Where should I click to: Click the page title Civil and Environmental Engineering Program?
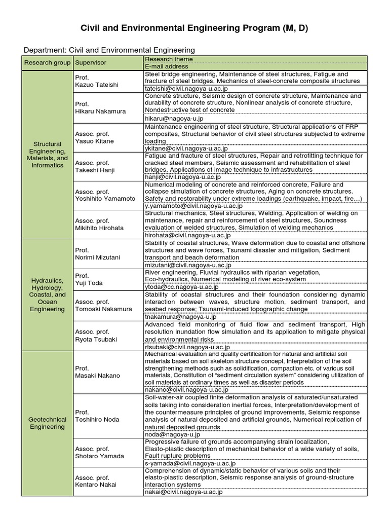pyautogui.click(x=194, y=28)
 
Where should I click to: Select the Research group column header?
pyautogui.click(x=47, y=63)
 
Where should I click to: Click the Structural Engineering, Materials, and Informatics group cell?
pyautogui.click(x=47, y=155)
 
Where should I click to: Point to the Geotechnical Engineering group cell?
pyautogui.click(x=47, y=423)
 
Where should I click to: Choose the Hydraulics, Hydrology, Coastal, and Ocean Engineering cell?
pyautogui.click(x=47, y=294)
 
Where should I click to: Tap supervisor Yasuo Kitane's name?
pyautogui.click(x=94, y=141)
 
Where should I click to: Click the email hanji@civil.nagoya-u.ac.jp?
pyautogui.click(x=183, y=177)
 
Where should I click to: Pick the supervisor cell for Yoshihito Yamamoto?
pyautogui.click(x=105, y=199)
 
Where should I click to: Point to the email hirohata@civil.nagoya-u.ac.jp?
pyautogui.click(x=187, y=235)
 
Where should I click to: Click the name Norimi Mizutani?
pyautogui.click(x=97, y=257)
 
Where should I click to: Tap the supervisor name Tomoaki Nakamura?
pyautogui.click(x=103, y=309)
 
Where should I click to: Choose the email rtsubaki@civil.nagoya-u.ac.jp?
pyautogui.click(x=187, y=347)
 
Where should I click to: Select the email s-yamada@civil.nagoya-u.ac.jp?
pyautogui.click(x=190, y=463)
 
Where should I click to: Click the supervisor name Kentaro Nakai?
pyautogui.click(x=95, y=485)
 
